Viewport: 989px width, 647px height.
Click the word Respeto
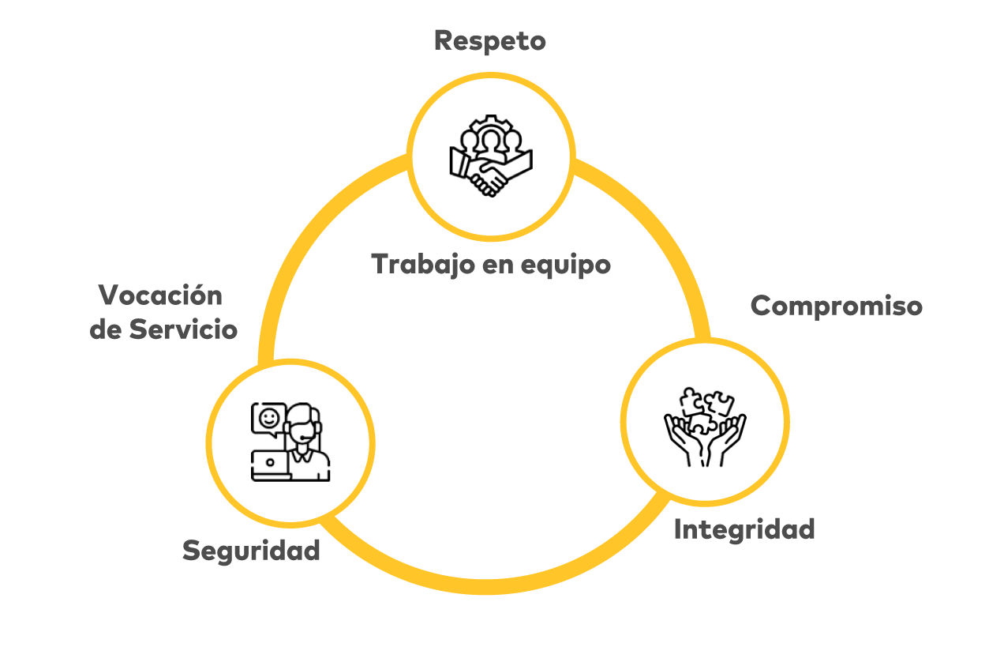(x=489, y=41)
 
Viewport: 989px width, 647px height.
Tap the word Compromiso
(x=836, y=306)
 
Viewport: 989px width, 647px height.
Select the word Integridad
(x=744, y=529)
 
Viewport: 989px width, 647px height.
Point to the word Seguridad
(x=251, y=551)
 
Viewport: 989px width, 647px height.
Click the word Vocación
(x=160, y=296)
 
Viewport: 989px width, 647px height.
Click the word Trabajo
(x=421, y=265)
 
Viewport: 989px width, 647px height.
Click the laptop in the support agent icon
(x=270, y=465)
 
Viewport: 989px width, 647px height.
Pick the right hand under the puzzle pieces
(x=728, y=442)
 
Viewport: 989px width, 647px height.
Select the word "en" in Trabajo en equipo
(x=500, y=265)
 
